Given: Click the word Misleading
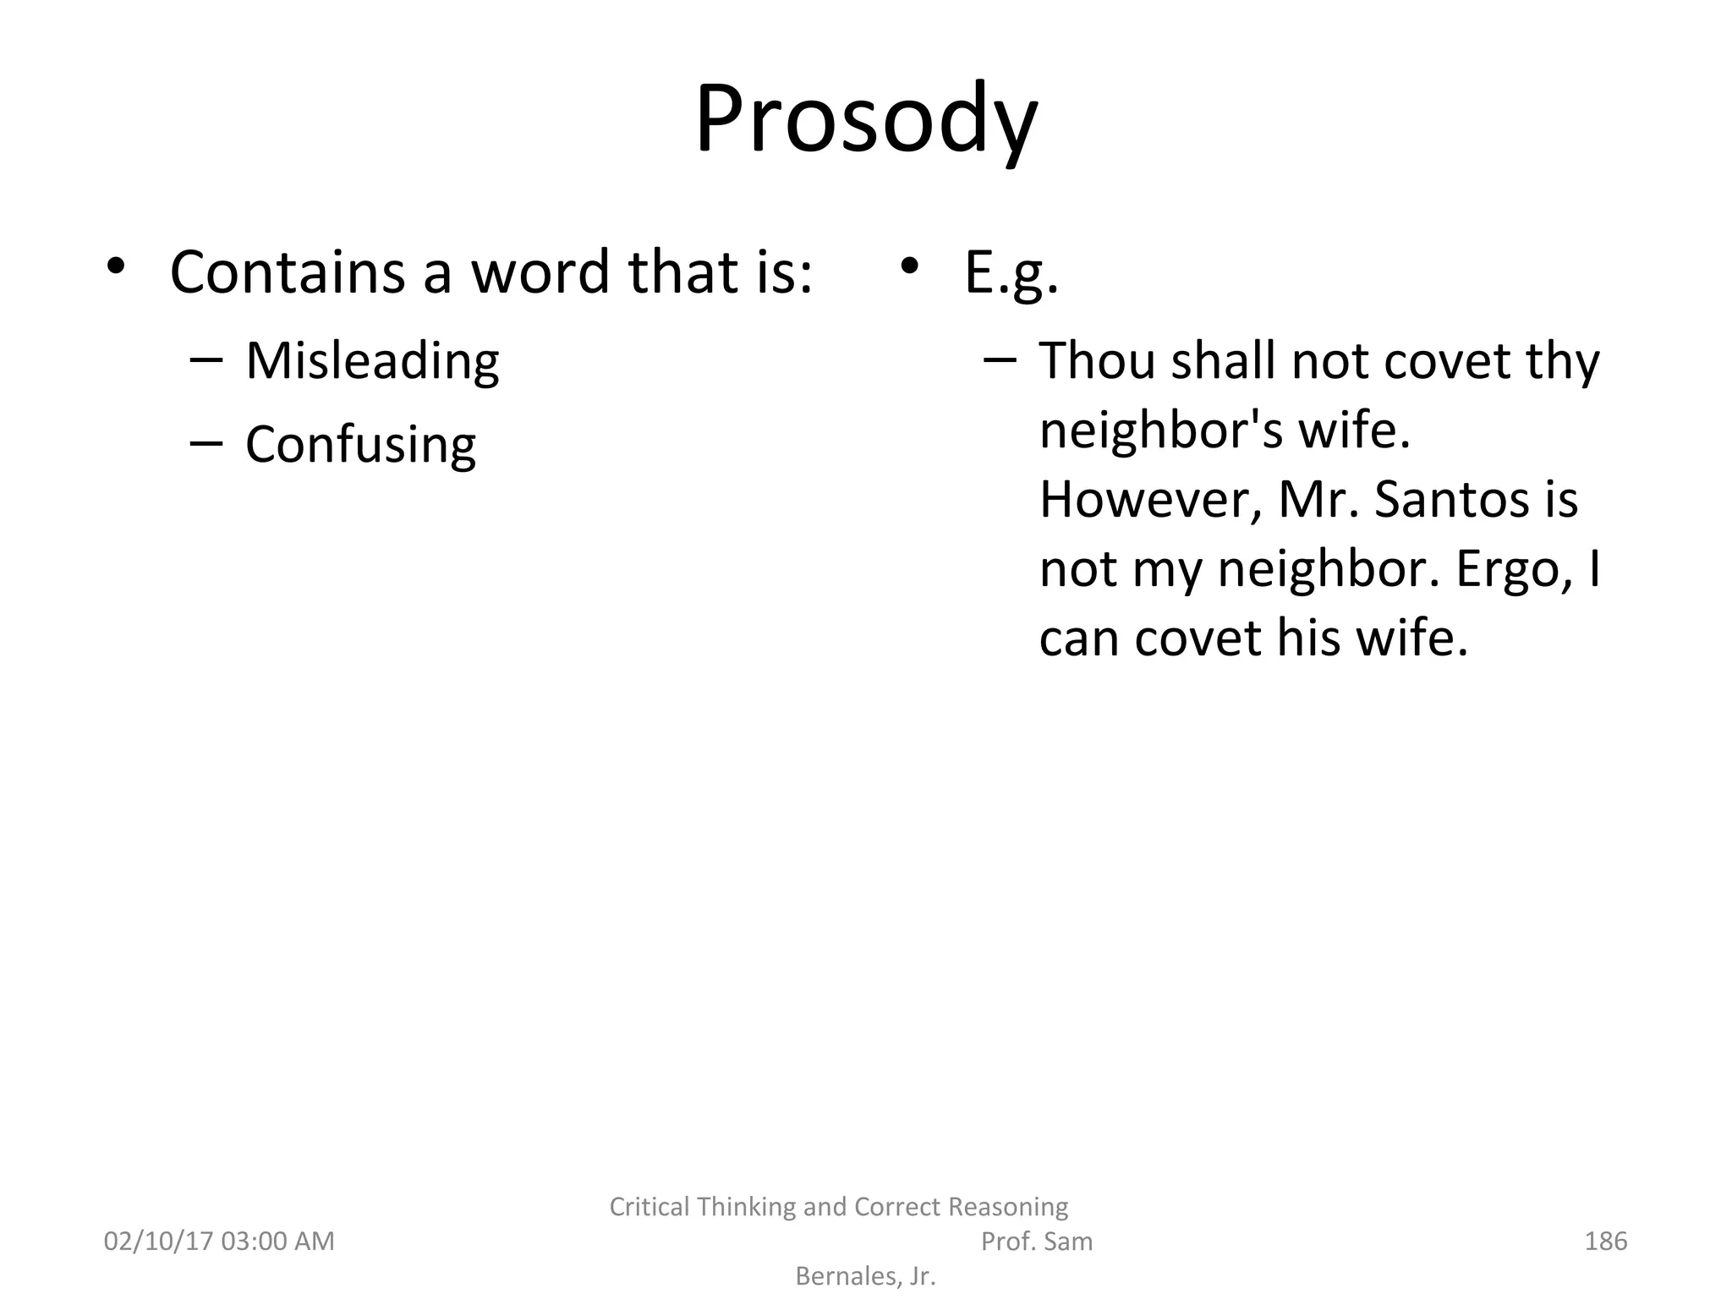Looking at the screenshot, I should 372,361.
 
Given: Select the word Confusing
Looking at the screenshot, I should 360,445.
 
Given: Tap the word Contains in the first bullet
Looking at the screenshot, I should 288,272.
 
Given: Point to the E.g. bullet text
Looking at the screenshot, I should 1011,274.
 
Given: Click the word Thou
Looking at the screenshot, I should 1097,361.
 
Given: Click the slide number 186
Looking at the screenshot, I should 1605,1241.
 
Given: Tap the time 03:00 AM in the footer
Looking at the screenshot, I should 277,1241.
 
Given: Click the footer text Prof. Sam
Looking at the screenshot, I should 1036,1241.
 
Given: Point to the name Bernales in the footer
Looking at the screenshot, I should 846,1276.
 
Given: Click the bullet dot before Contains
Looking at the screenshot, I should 116,266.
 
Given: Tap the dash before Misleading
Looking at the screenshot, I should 206,359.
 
